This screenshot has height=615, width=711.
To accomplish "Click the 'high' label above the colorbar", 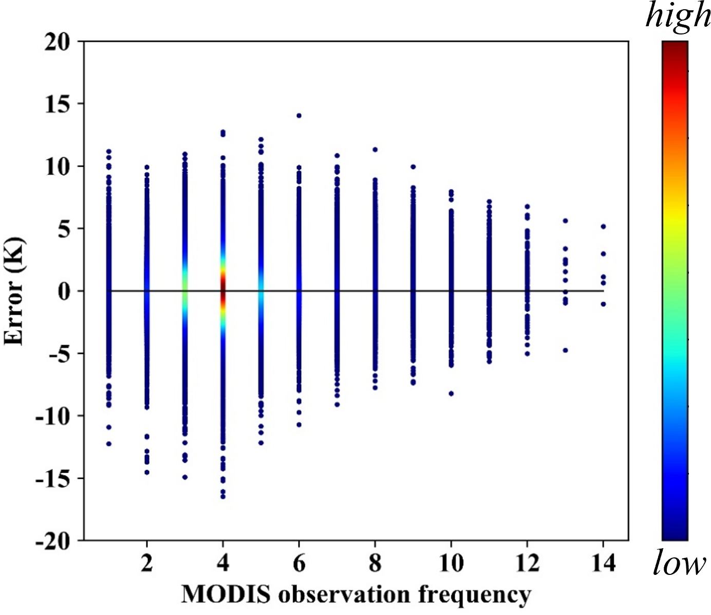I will pos(678,17).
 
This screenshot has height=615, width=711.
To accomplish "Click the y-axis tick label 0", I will pos(64,292).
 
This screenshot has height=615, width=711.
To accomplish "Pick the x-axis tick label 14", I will pos(603,563).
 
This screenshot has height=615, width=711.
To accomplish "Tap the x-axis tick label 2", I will pos(147,563).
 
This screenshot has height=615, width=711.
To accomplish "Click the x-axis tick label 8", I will pos(375,563).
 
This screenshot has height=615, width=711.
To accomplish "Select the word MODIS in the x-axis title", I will pos(226,594).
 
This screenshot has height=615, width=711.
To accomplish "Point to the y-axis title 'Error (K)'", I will pos(14,291).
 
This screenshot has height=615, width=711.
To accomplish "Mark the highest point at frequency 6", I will pos(299,116).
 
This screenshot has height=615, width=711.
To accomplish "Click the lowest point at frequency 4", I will pos(223,497).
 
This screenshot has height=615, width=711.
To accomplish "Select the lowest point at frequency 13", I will pos(566,350).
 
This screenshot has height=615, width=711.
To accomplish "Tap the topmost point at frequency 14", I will pos(604,227).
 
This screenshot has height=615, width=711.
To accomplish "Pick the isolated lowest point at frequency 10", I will pos(451,393).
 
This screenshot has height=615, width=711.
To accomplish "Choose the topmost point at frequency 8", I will pos(375,150).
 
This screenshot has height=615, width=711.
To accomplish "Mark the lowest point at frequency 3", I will pos(185,477).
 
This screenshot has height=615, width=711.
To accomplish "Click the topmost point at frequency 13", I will pos(566,221).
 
